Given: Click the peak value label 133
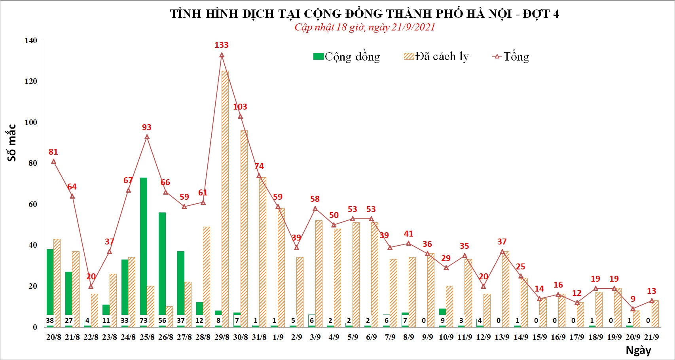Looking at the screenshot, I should pos(222,45).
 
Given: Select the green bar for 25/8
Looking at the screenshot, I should pos(144,245).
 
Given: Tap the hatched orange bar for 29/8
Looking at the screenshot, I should pos(225,198).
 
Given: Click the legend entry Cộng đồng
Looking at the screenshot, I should pos(347,57).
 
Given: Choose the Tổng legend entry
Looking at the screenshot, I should pos(511,57).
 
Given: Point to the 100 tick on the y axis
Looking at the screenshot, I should pos(31,122).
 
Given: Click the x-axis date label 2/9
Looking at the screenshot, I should pos(296,337).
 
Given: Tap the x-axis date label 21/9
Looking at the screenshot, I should pos(651,337).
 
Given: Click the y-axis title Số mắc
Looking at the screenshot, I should pos(12,143).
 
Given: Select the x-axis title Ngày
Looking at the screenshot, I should pos(638,350).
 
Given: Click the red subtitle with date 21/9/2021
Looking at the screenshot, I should pos(364,27).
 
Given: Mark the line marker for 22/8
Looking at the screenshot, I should pos(91,286).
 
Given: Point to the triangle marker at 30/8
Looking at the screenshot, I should pos(240,116).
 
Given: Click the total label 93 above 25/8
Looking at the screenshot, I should pos(146,127).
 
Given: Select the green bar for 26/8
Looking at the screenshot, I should pos(162,265).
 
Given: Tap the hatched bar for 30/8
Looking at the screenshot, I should pos(244,225).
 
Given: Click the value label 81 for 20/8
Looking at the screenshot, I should pos(53,152).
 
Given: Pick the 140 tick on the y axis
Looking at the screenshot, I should pos(31,40).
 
